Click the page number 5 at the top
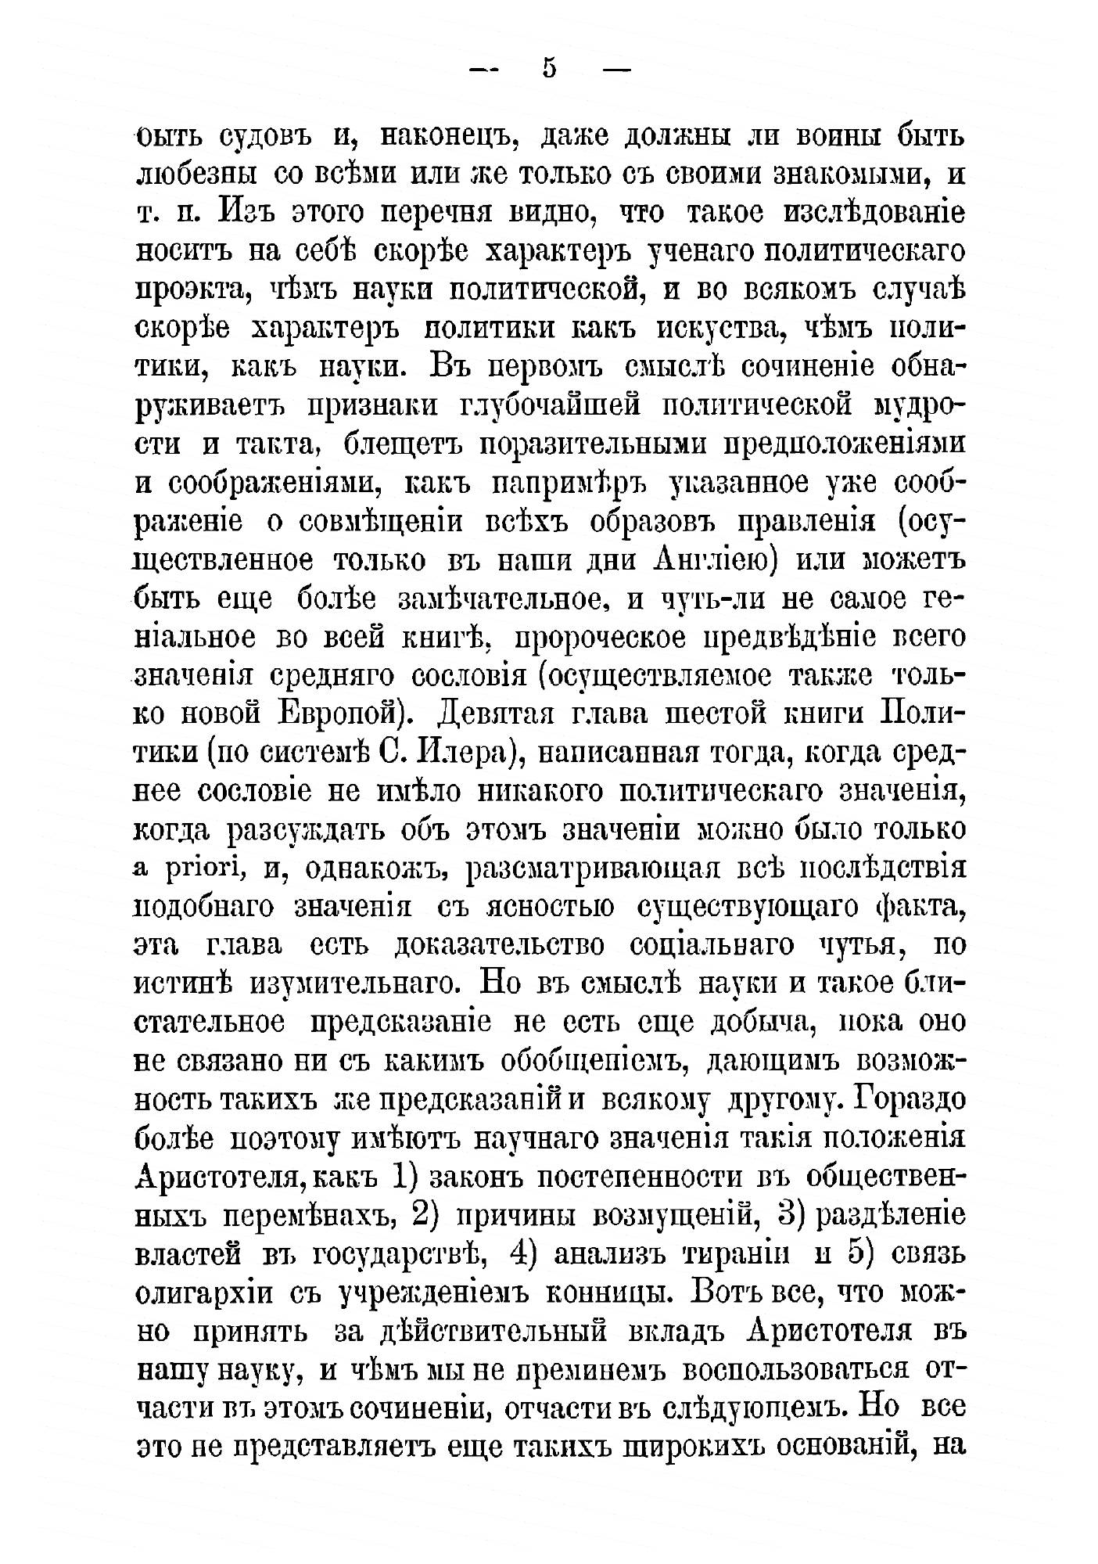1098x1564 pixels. click(548, 69)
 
